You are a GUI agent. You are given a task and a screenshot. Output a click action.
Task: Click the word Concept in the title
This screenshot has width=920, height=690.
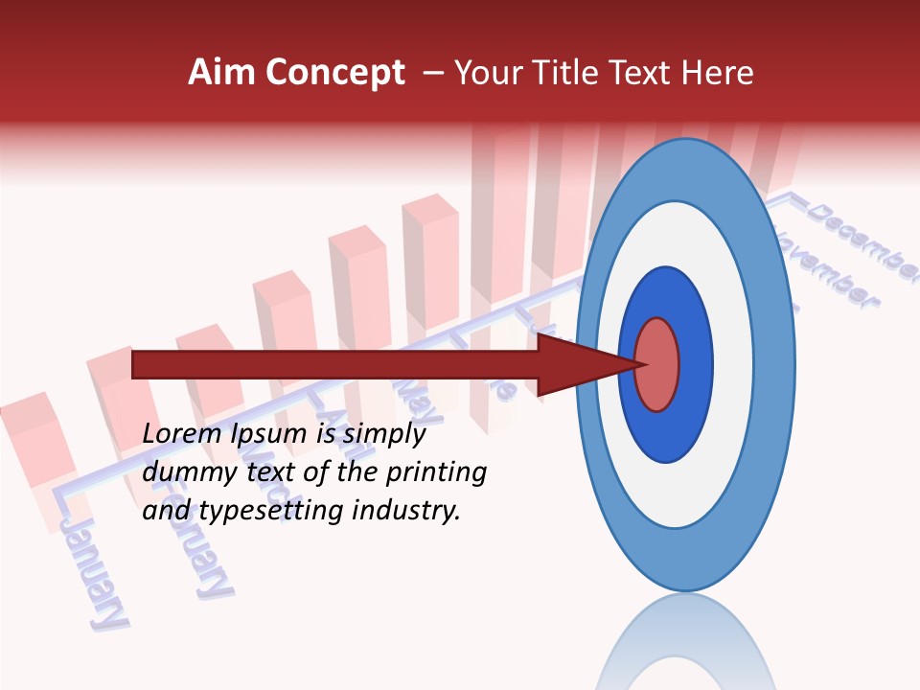click(334, 73)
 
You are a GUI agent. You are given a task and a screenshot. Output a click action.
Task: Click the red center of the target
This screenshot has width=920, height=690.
click(657, 364)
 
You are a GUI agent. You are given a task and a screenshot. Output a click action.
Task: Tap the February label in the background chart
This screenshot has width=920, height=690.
click(196, 541)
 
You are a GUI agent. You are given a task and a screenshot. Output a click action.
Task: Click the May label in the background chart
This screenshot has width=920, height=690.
click(418, 399)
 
